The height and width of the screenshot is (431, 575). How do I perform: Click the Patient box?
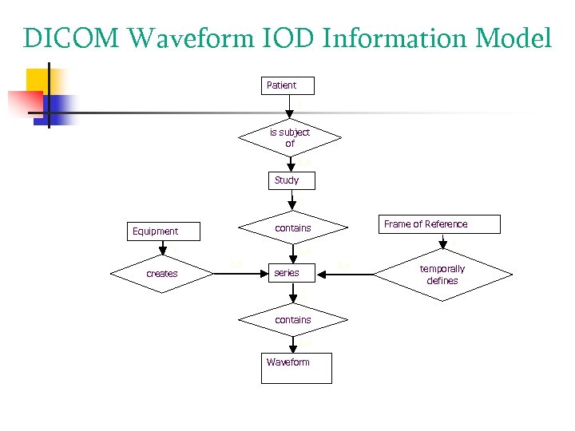click(x=287, y=85)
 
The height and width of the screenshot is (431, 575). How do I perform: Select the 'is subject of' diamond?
click(x=290, y=138)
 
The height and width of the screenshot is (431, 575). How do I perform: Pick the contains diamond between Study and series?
click(x=292, y=228)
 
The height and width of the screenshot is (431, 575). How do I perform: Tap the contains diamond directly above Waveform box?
click(x=292, y=320)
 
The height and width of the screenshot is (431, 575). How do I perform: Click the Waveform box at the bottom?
click(x=295, y=367)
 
